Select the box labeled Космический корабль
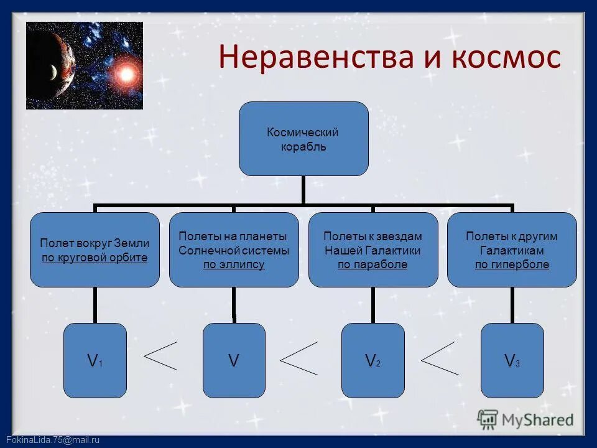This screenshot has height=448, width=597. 303,139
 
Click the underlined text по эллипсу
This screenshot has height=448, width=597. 234,264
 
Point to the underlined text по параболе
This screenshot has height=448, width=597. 373,264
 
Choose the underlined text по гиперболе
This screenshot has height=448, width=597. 512,264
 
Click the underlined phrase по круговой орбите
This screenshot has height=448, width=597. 95,258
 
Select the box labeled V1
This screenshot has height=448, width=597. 95,360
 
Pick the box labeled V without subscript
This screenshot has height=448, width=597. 234,360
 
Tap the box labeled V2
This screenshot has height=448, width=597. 373,360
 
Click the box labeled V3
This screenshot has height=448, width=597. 512,360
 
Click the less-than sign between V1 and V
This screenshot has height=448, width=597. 160,355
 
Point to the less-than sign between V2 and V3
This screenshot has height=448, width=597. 440,358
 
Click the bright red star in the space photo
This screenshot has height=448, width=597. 127,75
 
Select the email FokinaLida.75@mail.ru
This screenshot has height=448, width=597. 50,440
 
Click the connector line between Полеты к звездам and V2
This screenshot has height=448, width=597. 373,305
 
